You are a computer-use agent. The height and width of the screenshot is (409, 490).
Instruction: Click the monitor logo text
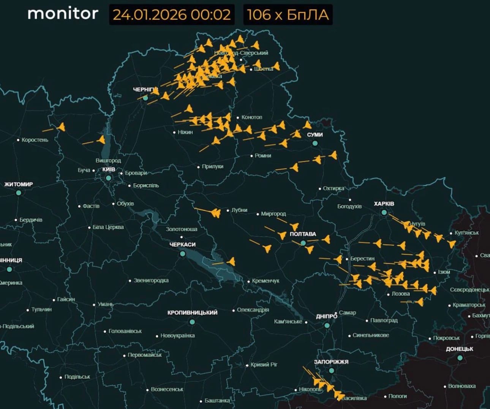[x=63, y=14]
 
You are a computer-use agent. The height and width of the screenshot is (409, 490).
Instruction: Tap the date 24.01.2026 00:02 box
[x=172, y=15]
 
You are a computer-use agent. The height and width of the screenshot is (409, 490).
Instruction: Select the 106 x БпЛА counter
[x=288, y=15]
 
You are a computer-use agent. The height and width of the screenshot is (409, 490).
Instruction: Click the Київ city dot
[x=108, y=178]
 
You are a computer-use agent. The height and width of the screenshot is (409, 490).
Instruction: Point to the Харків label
[x=384, y=204]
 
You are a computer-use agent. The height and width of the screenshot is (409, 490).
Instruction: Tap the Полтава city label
[x=303, y=234]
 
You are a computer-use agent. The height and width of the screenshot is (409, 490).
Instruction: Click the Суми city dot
[x=315, y=143]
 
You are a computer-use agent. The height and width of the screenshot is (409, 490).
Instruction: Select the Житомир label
[x=19, y=185]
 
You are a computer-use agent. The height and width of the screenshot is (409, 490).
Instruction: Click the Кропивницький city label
[x=192, y=313]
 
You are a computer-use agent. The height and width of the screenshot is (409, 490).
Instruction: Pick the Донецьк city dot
[x=460, y=358]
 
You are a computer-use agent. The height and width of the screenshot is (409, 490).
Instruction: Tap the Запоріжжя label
[x=331, y=362]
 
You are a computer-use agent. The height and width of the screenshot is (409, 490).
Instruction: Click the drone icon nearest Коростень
[x=61, y=127]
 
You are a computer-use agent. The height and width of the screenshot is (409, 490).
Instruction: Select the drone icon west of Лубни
[x=216, y=213]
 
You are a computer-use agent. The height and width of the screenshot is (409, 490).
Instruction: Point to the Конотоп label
[x=251, y=117]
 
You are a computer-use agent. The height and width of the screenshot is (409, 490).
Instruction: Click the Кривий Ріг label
[x=264, y=365]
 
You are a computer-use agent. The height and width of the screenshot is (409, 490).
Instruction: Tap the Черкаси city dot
[x=183, y=254]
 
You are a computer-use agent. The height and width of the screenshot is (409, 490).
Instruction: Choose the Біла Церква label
[x=108, y=227]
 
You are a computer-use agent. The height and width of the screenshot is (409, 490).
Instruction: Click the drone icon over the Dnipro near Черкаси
[x=231, y=261]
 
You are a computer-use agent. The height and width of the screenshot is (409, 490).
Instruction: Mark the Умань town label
[x=105, y=304]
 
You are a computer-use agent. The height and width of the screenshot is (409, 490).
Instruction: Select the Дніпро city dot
[x=327, y=325]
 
